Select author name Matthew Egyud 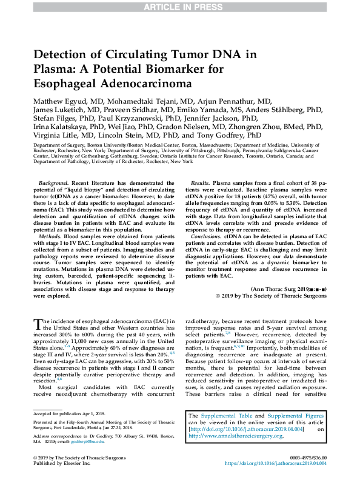65,100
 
